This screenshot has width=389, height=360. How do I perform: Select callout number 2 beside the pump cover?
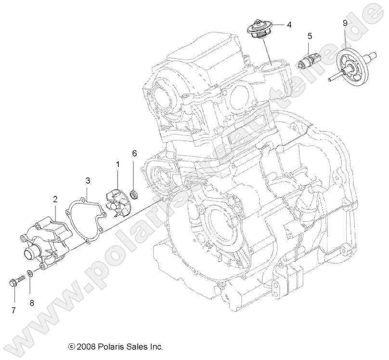pos(56,199)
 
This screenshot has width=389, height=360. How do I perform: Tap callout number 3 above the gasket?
pos(88,180)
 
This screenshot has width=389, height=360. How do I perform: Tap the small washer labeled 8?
pos(30,274)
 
